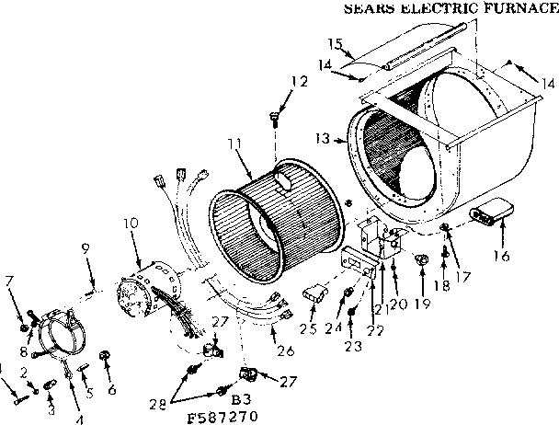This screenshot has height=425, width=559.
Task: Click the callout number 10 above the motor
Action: coord(130,223)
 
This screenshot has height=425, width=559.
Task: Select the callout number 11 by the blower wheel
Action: coord(235,144)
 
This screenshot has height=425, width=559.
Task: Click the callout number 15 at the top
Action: coord(336,43)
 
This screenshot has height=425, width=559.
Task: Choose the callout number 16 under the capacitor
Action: coord(500,255)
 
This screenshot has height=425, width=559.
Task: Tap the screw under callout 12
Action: coord(275,117)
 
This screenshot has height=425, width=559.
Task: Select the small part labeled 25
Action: coord(314,293)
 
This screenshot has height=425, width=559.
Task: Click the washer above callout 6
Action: coord(104,354)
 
